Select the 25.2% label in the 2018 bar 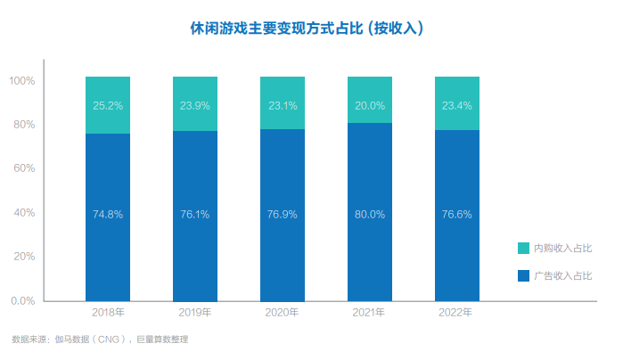click(x=108, y=105)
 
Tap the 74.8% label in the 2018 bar click(x=108, y=214)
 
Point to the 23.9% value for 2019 click(x=195, y=105)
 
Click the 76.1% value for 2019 click(x=195, y=214)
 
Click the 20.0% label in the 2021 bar click(x=369, y=105)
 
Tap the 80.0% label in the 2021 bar click(x=369, y=214)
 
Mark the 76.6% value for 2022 click(x=456, y=214)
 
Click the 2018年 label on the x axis click(x=108, y=313)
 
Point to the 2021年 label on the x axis click(x=369, y=313)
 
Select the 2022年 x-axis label click(x=456, y=313)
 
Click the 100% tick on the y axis click(x=21, y=81)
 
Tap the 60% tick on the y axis click(x=23, y=168)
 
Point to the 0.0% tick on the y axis click(x=21, y=300)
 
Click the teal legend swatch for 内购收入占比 click(x=523, y=248)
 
